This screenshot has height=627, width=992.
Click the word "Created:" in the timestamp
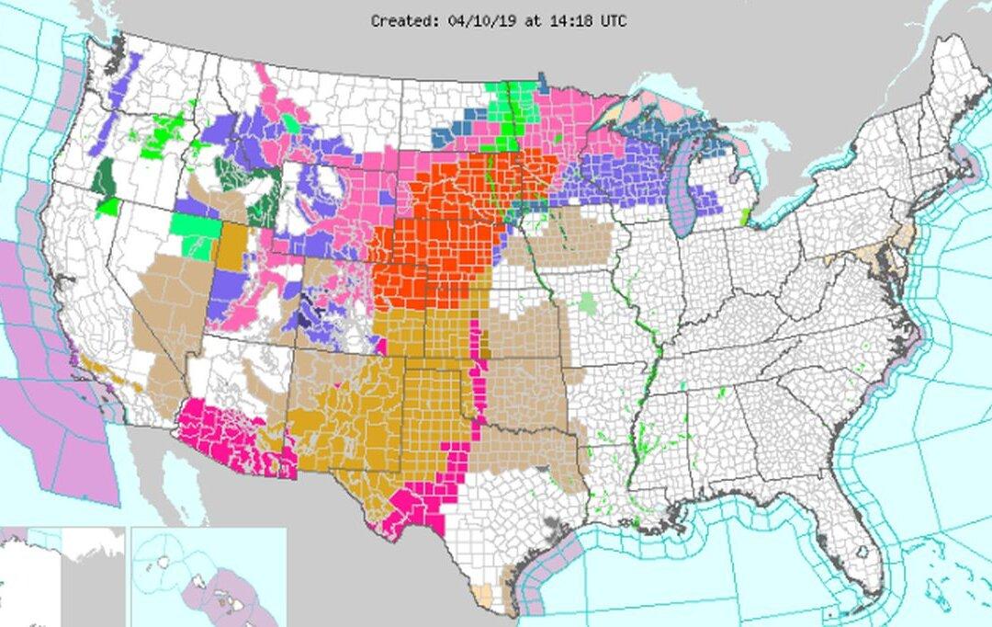pyautogui.click(x=400, y=19)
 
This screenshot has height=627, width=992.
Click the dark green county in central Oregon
pyautogui.click(x=105, y=176)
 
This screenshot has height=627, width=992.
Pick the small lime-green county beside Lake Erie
pyautogui.click(x=745, y=218)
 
